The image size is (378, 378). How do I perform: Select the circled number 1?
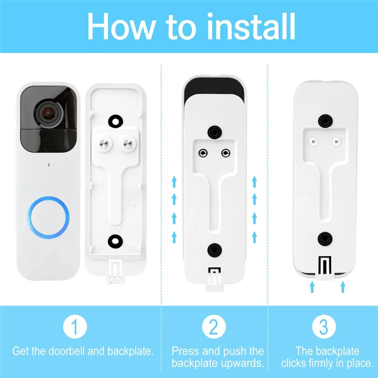75,326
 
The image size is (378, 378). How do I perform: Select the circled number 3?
323,326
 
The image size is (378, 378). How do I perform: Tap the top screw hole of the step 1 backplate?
115,120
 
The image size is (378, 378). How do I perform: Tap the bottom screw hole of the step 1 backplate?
115,240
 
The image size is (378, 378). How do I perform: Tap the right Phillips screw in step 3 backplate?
336,141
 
